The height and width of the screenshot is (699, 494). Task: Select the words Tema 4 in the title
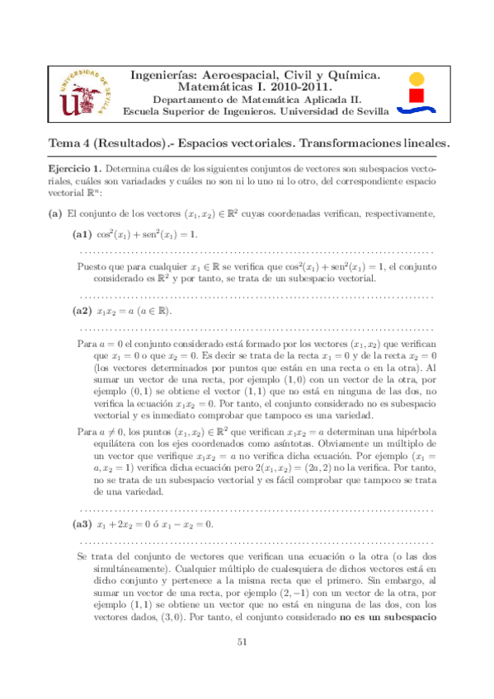coord(69,143)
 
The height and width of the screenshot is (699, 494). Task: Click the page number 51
coord(242,666)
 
